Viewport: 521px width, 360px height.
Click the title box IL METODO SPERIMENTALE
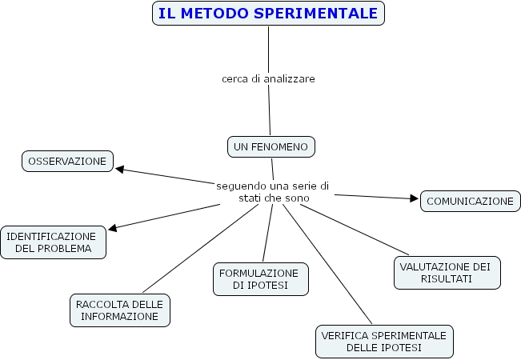(268, 14)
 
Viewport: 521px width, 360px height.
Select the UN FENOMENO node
(271, 146)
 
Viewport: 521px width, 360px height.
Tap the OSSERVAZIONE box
(67, 161)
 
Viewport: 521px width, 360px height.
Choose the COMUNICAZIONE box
(470, 201)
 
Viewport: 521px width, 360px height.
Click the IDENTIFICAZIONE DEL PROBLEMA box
(53, 242)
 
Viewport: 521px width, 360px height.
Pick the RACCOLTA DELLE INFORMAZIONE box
(119, 310)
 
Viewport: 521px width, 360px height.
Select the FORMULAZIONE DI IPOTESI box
(260, 278)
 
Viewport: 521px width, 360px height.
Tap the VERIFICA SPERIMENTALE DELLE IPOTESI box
(385, 340)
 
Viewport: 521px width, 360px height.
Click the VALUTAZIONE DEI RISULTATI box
(447, 272)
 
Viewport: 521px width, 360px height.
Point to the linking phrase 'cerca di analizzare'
(268, 78)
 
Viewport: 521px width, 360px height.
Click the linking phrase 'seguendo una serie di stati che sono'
(273, 191)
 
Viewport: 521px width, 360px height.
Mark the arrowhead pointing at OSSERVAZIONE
(120, 169)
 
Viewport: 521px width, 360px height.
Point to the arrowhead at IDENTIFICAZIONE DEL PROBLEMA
(113, 228)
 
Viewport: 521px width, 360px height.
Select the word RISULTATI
(447, 278)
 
